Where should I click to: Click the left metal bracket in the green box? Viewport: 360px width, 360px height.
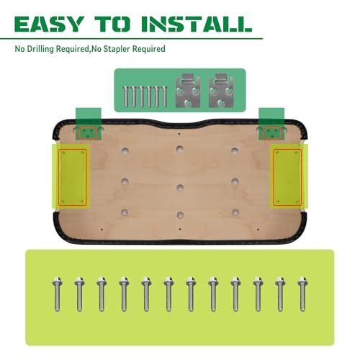188,90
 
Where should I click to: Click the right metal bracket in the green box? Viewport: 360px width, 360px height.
221,90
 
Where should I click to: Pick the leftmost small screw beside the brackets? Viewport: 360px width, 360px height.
126,96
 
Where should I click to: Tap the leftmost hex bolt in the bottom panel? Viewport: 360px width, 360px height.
57,294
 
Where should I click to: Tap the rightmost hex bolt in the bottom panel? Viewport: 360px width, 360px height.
302,294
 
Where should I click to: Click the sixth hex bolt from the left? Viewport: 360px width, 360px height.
168,294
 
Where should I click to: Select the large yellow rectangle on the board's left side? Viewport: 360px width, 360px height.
73,177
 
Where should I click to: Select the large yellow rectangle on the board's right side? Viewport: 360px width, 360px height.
287,177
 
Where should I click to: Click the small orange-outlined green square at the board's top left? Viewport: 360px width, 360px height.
88,133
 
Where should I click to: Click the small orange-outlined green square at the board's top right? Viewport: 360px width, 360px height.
272,133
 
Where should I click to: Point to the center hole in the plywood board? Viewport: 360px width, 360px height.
180,187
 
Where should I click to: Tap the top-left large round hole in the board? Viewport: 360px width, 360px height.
125,151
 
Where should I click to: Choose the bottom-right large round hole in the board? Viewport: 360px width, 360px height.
235,212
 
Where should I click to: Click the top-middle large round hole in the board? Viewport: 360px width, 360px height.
180,149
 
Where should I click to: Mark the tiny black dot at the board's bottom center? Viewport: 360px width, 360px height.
180,230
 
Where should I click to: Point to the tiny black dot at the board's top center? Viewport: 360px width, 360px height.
179,134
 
